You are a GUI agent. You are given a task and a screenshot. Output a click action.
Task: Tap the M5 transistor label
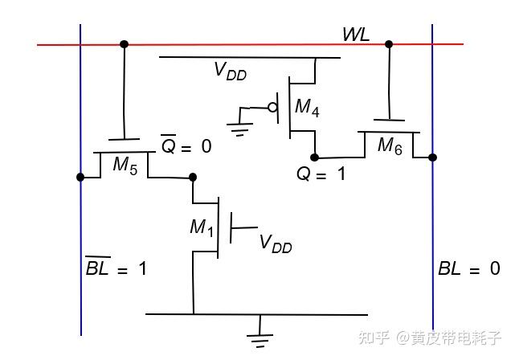125,165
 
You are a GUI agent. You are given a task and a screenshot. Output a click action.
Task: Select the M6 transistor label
390,145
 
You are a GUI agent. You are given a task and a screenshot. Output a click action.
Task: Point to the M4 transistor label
306,107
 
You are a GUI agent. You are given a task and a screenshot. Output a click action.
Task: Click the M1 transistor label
202,227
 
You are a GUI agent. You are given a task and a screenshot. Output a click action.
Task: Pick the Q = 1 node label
321,173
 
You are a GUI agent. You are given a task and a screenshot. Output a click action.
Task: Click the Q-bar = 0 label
186,146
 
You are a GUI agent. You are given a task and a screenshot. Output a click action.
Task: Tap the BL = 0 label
468,269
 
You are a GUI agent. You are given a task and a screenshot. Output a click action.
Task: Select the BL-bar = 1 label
116,268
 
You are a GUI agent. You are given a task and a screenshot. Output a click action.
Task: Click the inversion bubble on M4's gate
272,107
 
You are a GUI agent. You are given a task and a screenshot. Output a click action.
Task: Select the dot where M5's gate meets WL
123,44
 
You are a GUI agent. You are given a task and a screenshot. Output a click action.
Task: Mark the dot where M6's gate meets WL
389,44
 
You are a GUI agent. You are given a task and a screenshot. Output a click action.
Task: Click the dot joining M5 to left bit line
80,177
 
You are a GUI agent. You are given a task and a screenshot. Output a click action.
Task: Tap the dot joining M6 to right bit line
432,157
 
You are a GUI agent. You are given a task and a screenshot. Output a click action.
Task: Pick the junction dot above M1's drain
193,177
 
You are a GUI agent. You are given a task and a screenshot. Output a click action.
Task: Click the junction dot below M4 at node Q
314,157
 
